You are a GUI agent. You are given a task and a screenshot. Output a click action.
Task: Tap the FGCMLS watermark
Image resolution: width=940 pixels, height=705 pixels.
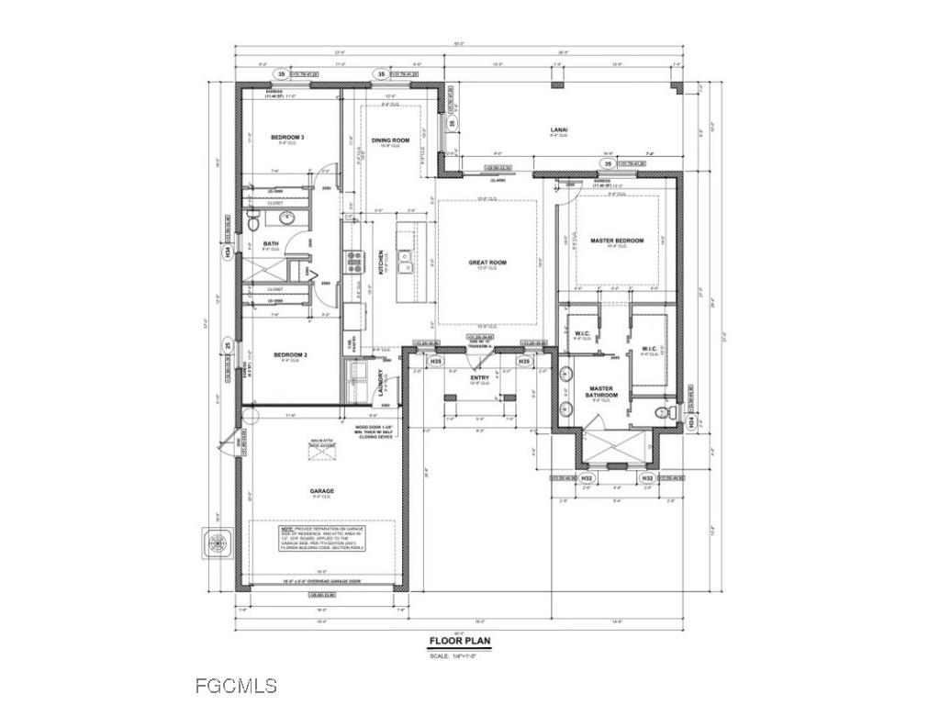(236, 685)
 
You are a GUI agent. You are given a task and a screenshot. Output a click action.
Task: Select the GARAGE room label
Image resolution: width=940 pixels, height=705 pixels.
(321, 491)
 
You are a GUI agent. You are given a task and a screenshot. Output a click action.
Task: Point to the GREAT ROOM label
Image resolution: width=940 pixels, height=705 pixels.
(487, 263)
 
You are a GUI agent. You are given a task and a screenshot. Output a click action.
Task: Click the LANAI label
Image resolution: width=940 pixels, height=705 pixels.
(558, 130)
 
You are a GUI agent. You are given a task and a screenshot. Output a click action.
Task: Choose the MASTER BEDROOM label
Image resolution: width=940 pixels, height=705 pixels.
(617, 241)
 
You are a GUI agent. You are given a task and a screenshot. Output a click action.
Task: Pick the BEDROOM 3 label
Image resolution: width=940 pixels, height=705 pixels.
(287, 138)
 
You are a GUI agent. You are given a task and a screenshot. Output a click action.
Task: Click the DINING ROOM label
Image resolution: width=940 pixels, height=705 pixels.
(390, 140)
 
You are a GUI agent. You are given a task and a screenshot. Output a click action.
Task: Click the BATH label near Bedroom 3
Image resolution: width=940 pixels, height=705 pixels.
(270, 244)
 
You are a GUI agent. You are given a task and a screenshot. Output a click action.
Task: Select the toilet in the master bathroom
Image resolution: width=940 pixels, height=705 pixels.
(660, 415)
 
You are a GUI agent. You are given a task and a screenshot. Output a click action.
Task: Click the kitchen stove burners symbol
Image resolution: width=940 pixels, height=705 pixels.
(353, 263)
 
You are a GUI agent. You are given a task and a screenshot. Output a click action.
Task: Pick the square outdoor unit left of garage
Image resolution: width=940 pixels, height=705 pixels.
(218, 542)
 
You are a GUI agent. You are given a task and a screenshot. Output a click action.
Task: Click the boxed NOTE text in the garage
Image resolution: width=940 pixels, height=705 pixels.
(321, 537)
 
